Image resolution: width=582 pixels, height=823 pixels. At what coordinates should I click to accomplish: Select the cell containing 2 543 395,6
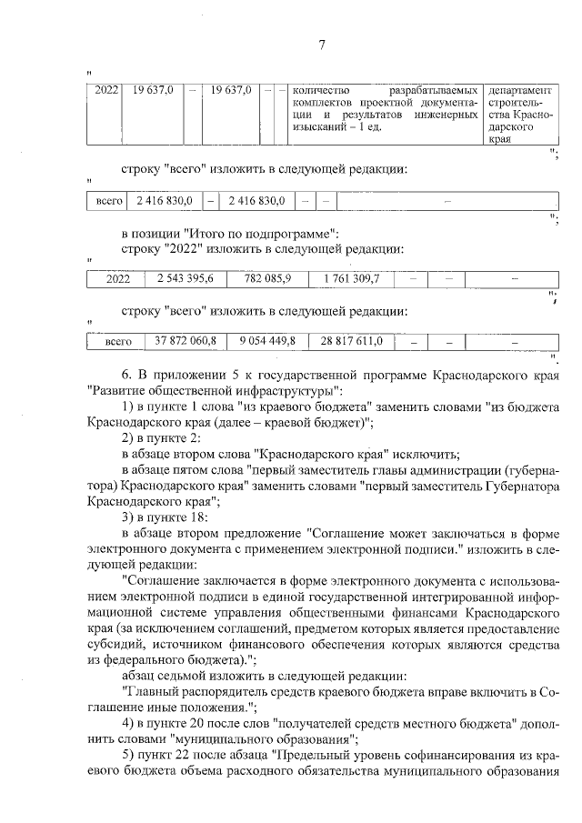[x=185, y=277]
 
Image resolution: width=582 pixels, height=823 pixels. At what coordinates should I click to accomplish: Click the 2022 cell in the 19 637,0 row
[x=107, y=91]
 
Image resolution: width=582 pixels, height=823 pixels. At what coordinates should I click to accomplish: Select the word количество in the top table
[x=322, y=91]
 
